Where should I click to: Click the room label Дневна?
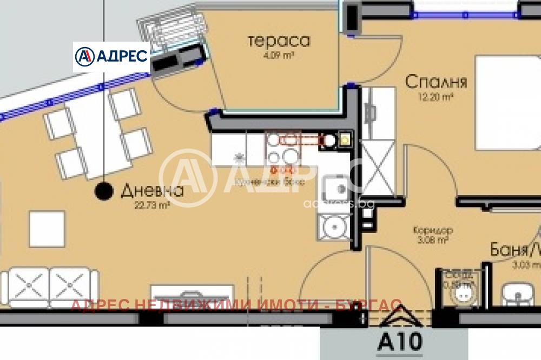click(152, 190)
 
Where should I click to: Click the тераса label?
click(279, 41)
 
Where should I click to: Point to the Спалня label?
click(436, 82)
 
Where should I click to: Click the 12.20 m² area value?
click(435, 97)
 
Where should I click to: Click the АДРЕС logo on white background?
click(111, 56)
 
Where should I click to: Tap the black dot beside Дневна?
click(103, 190)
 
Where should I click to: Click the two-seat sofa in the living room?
click(50, 286)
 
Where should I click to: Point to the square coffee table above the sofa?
click(47, 229)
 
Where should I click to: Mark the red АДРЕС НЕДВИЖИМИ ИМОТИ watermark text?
click(236, 305)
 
